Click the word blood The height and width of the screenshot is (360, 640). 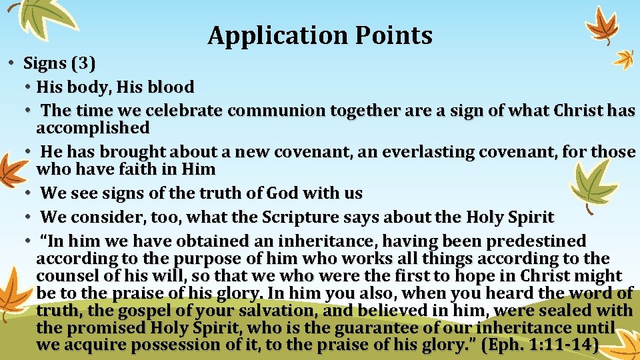[x=171, y=87]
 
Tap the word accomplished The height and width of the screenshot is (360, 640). [x=93, y=127]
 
